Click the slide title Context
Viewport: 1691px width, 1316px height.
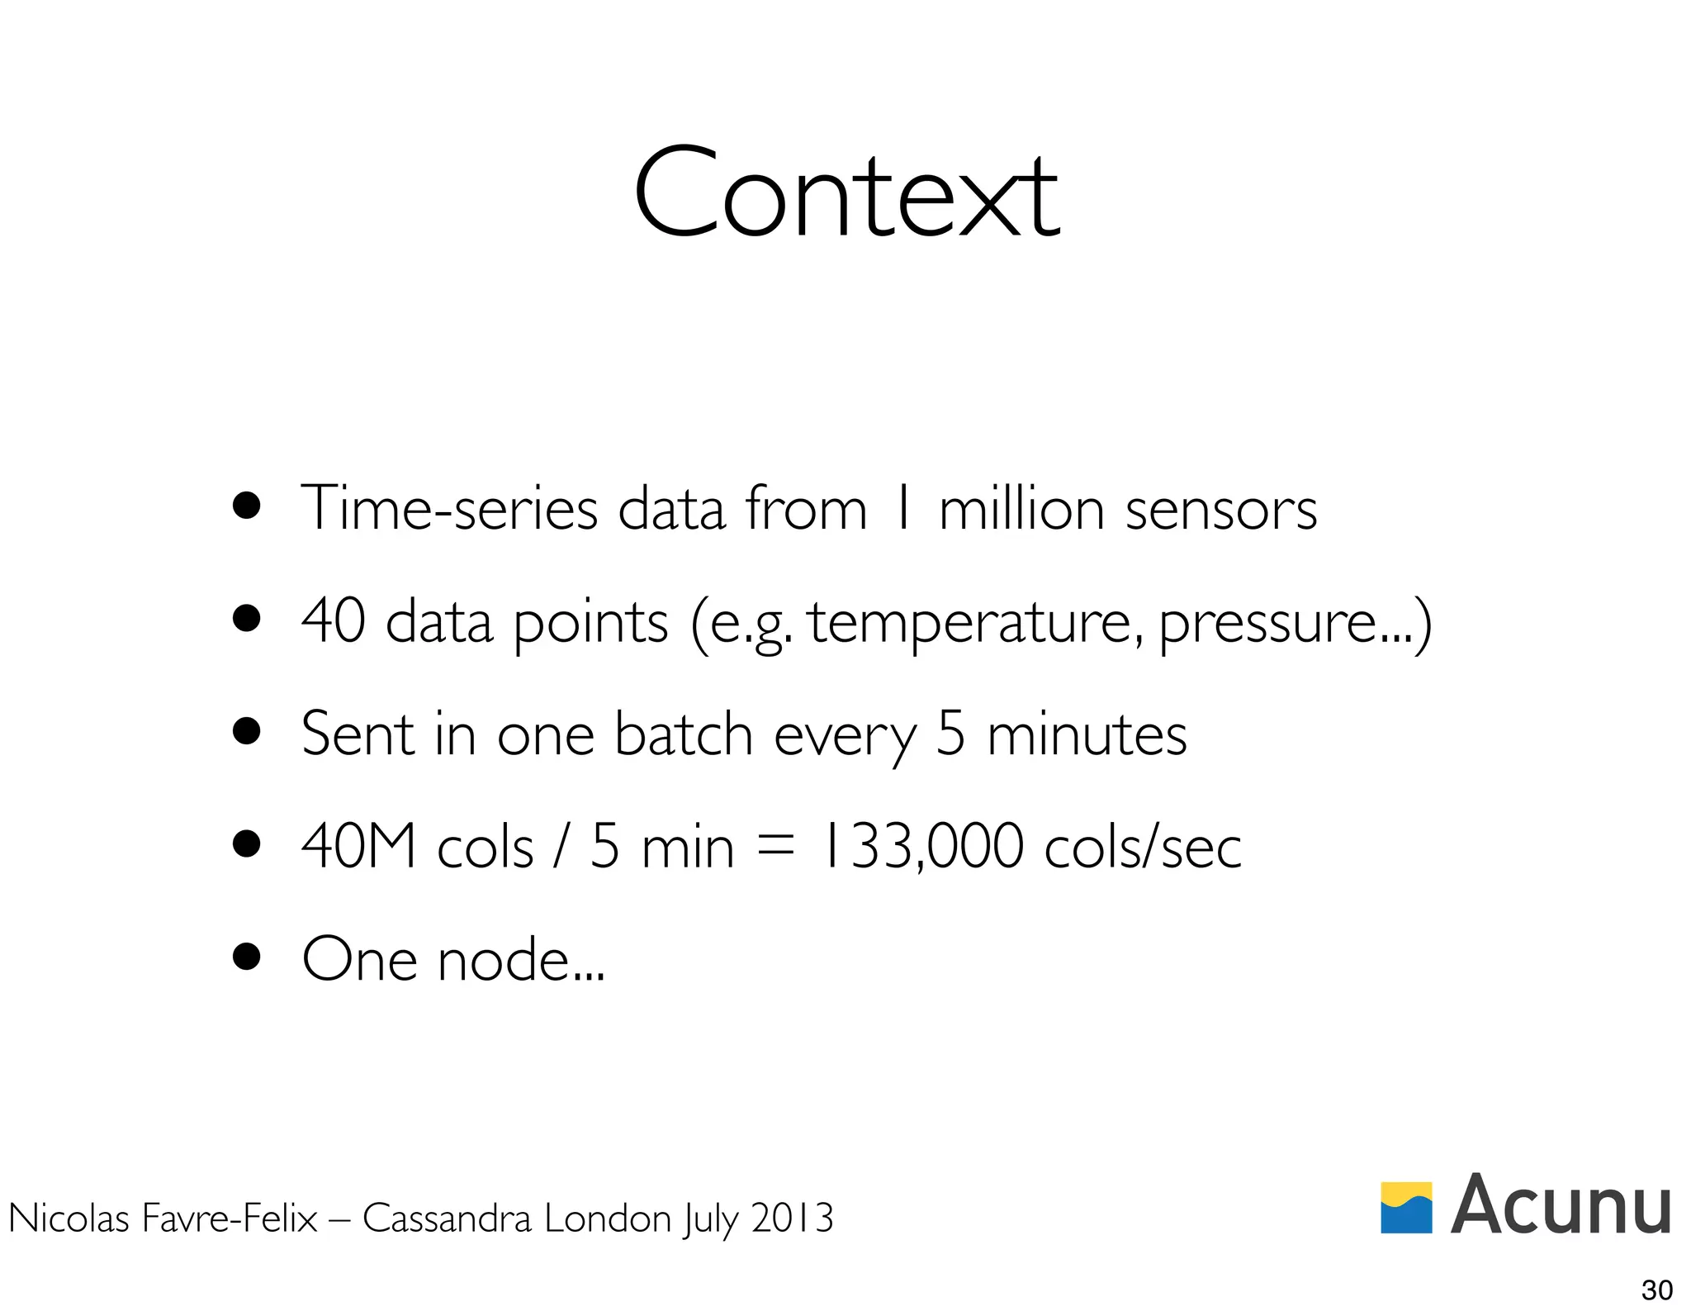coord(845,194)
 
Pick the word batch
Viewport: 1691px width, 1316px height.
coord(684,734)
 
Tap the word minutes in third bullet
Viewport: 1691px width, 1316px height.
coord(1087,734)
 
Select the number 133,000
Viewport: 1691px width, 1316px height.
coord(921,847)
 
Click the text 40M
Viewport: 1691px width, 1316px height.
coord(358,847)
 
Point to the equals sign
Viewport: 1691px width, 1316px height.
coord(774,847)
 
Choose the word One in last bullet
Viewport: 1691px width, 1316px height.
coord(359,960)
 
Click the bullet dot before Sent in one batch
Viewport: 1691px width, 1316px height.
coord(246,731)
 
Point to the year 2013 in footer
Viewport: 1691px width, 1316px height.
coord(792,1219)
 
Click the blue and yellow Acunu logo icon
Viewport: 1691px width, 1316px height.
coord(1406,1207)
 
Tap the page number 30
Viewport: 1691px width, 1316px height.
coord(1656,1290)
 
